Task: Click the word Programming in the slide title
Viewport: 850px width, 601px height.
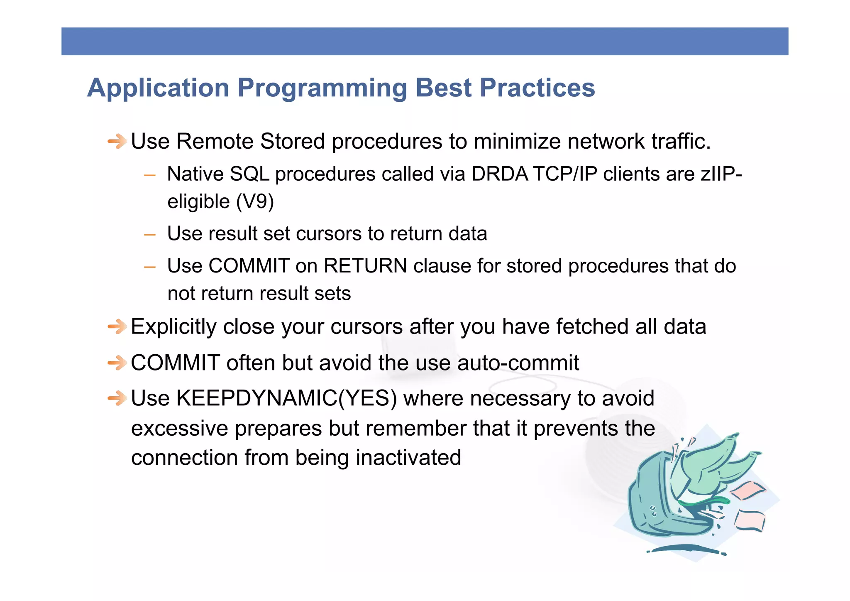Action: tap(322, 88)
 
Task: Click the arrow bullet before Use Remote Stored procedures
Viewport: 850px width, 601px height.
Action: tap(117, 142)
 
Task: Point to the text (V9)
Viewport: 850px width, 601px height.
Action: tap(255, 202)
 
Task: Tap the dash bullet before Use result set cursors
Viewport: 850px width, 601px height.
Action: tap(149, 235)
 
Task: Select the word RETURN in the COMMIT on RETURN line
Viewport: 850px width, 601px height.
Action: tap(365, 266)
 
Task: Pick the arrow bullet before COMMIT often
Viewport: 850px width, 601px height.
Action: tap(117, 363)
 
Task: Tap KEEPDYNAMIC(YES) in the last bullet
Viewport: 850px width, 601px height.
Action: tap(286, 398)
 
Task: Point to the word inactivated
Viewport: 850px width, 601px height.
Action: tap(408, 458)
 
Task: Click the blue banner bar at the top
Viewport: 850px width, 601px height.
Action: tap(425, 42)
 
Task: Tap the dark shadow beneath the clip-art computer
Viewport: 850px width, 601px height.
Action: tap(687, 549)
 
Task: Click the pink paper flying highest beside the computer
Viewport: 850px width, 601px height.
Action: tap(747, 491)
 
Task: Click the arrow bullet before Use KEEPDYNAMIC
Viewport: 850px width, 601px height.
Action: tap(117, 399)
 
